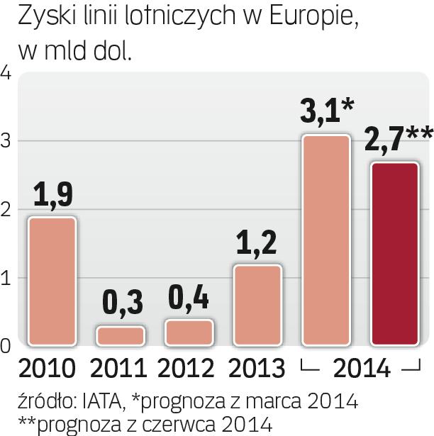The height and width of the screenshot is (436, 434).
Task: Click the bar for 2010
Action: click(x=52, y=281)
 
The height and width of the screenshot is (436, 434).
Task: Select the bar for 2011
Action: click(x=121, y=336)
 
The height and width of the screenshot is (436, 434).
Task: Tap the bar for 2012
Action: click(x=189, y=332)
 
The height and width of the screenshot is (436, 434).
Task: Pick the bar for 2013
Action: click(x=258, y=306)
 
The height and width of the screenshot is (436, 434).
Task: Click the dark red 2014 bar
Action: click(x=395, y=255)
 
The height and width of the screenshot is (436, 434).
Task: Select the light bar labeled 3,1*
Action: click(x=326, y=240)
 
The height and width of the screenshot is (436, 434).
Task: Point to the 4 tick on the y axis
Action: click(x=6, y=74)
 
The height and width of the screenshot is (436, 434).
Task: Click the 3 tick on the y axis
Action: click(x=6, y=141)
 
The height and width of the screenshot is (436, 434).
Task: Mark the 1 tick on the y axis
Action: click(x=6, y=279)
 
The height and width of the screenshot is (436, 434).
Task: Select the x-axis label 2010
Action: click(x=47, y=369)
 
